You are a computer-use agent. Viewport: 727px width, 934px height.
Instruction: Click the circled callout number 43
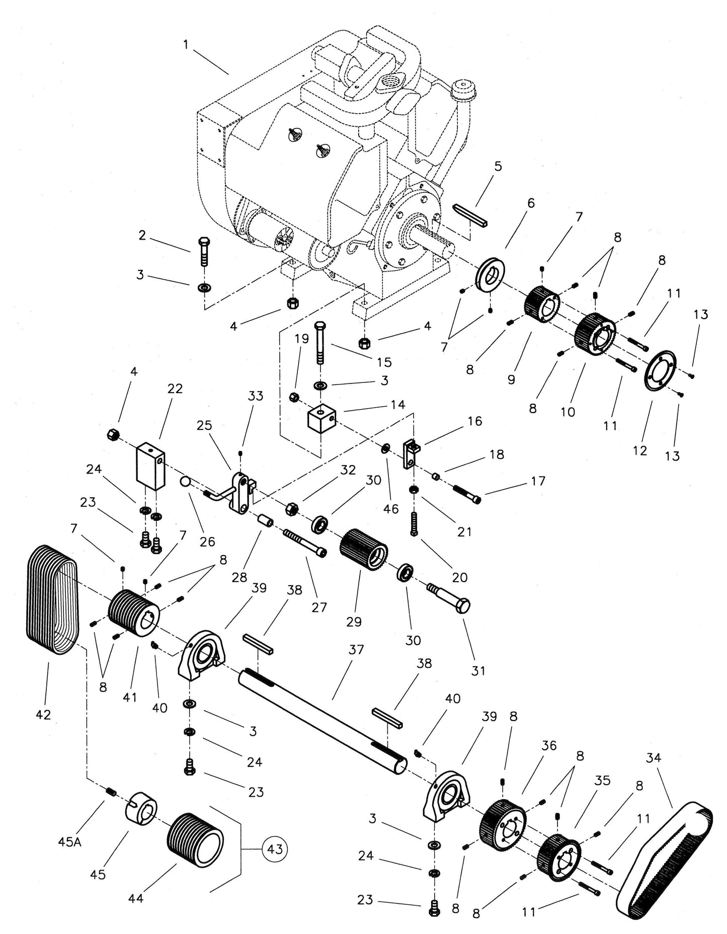point(275,849)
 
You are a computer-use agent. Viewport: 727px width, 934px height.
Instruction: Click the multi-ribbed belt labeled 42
point(50,599)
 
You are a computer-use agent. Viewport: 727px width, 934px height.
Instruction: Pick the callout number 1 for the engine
point(186,45)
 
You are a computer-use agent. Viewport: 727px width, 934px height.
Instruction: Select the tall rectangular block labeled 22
point(150,465)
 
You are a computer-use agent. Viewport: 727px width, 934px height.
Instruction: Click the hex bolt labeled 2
point(204,251)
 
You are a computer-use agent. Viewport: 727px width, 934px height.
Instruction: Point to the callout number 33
point(256,396)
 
